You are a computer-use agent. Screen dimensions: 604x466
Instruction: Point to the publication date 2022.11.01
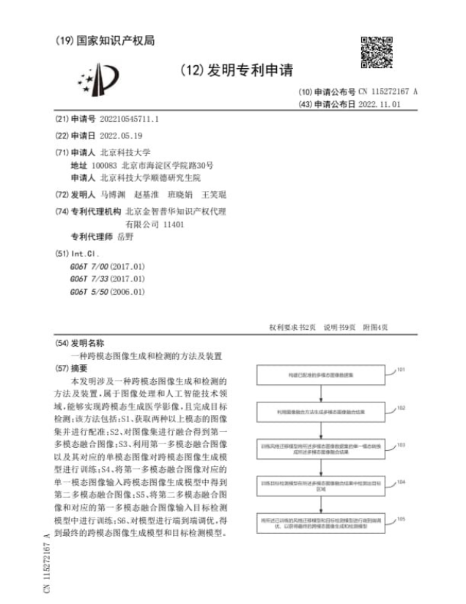(380, 105)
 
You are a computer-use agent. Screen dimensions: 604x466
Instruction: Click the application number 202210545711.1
(129, 119)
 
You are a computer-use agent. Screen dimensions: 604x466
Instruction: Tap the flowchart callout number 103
(401, 444)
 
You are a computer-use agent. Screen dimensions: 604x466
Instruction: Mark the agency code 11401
(173, 224)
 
